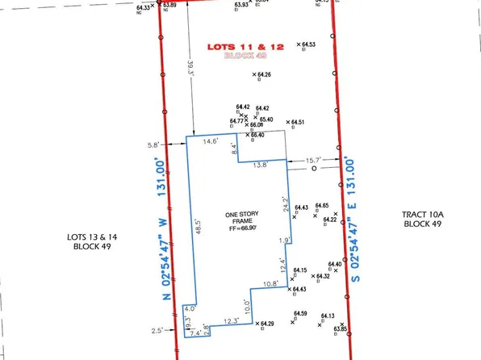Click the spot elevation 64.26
pyautogui.click(x=264, y=75)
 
